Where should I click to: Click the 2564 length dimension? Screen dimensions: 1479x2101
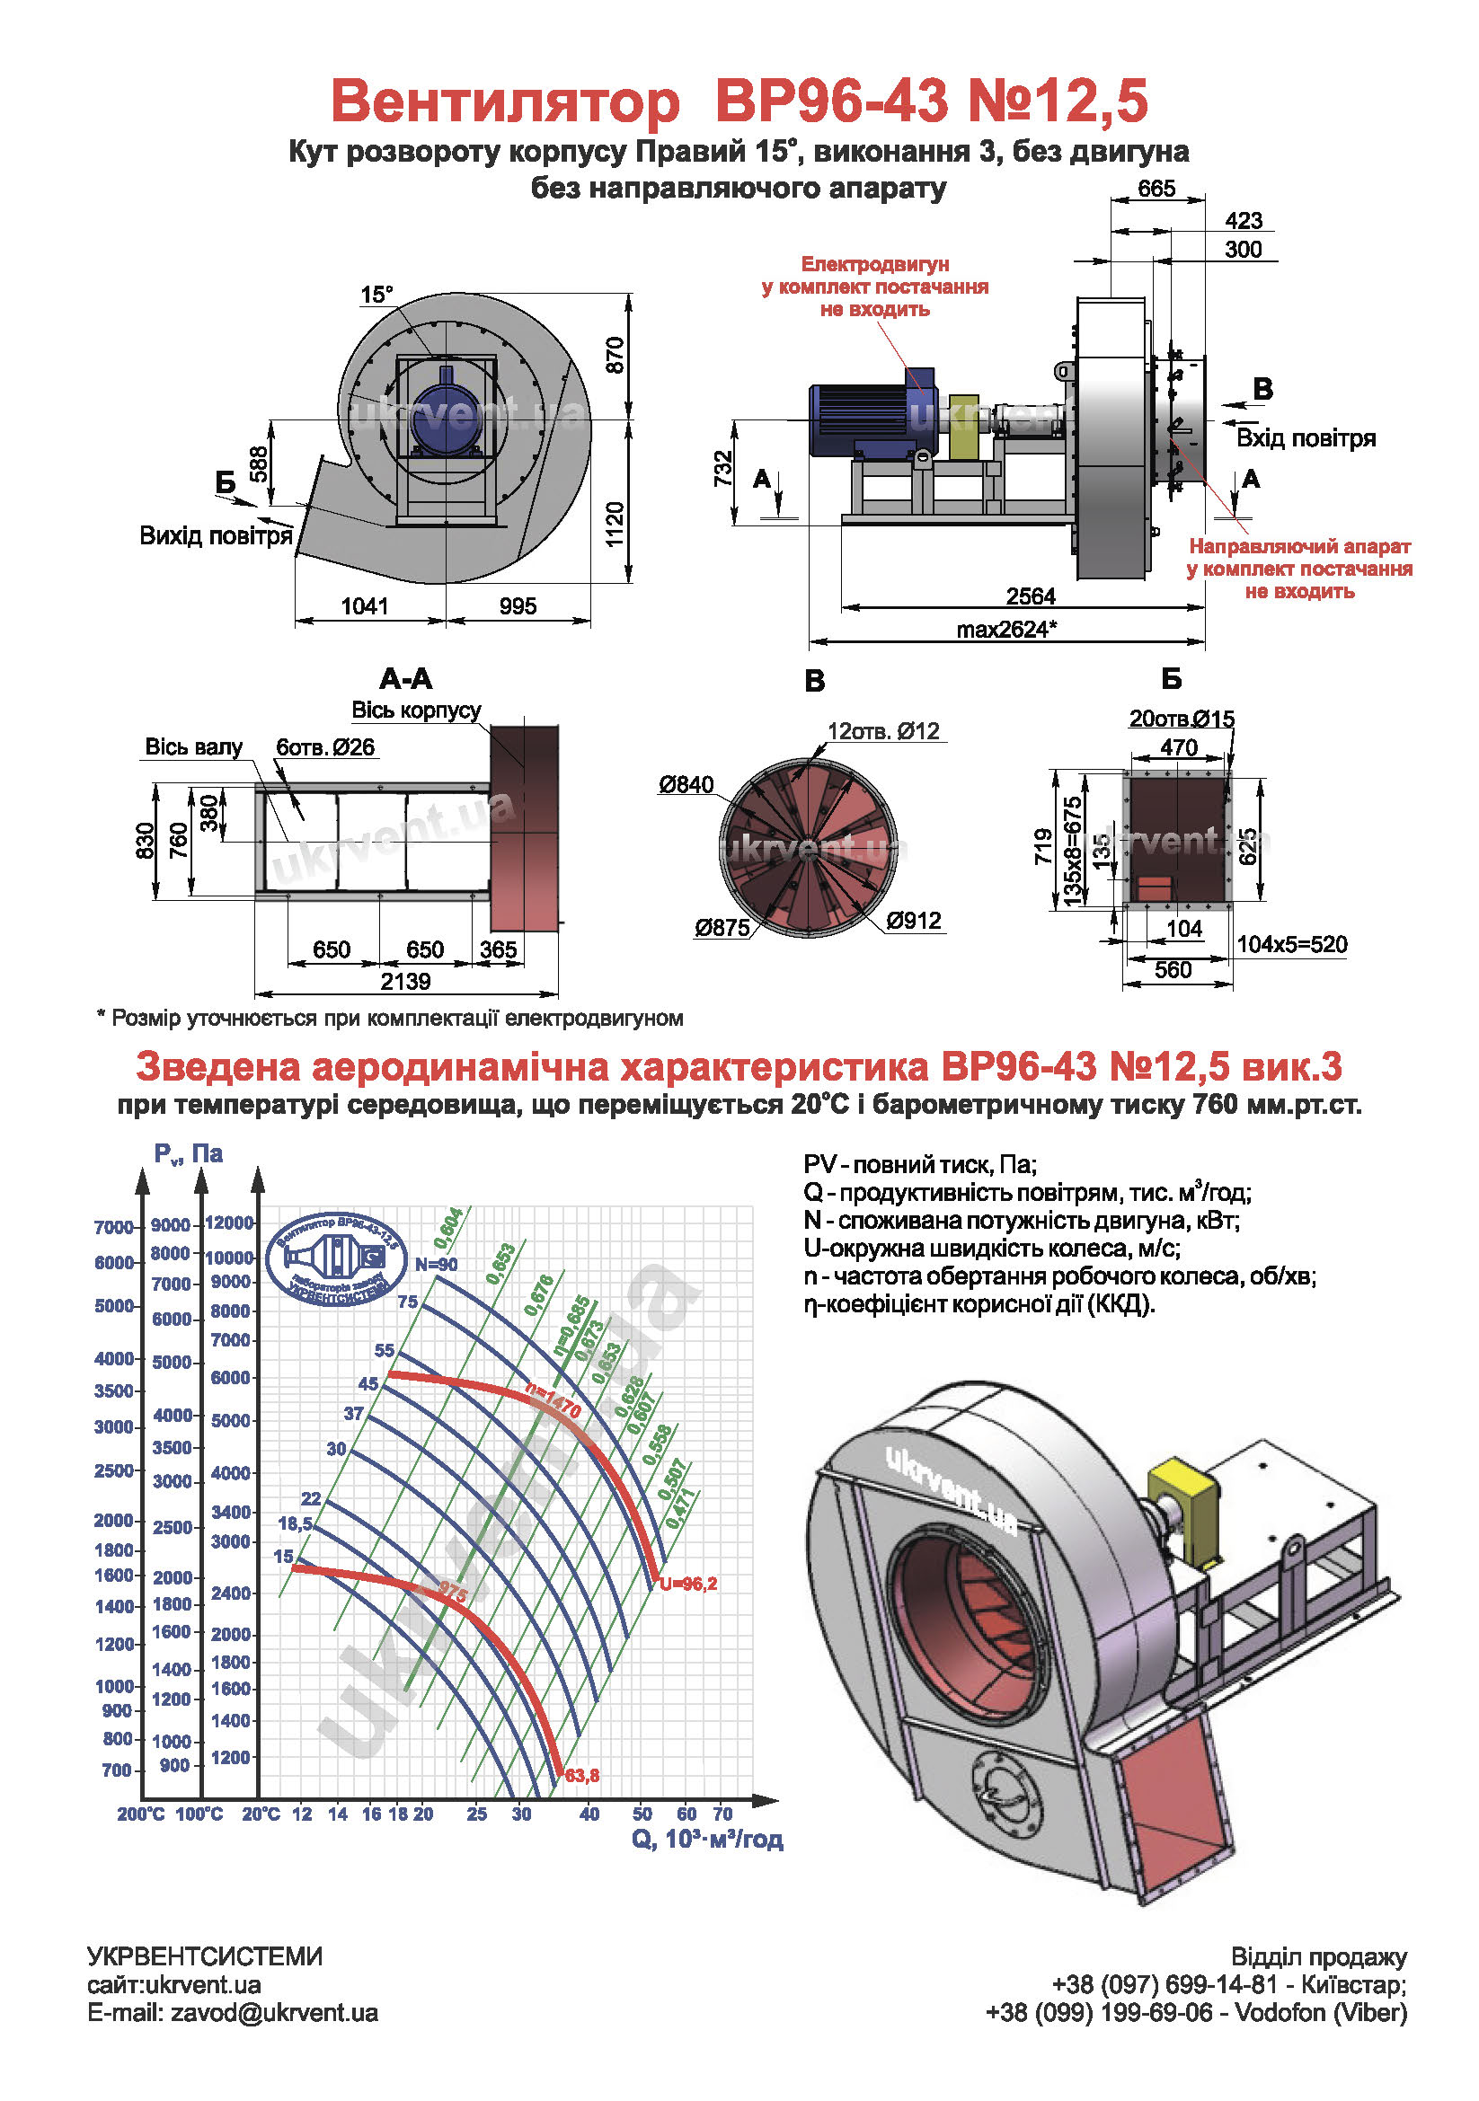coord(1031,596)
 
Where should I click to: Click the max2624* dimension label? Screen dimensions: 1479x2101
coord(1006,630)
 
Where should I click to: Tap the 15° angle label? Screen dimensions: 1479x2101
coord(376,294)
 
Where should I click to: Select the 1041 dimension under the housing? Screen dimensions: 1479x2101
coord(364,605)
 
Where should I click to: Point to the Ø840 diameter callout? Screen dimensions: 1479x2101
coord(686,784)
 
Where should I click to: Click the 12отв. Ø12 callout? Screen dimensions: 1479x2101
coord(883,731)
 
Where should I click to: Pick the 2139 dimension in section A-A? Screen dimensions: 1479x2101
coord(405,981)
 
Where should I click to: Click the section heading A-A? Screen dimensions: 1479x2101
coord(405,678)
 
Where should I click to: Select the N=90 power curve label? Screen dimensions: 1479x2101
coord(436,1265)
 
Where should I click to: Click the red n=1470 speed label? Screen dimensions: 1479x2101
coord(554,1400)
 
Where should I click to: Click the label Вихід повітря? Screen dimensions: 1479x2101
coord(216,535)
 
